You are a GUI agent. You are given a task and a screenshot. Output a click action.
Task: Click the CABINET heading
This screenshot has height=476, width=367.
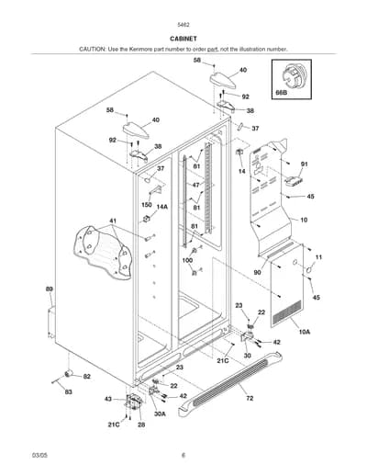tap(183, 39)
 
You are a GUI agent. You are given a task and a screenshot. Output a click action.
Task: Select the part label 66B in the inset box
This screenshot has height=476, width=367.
tap(282, 92)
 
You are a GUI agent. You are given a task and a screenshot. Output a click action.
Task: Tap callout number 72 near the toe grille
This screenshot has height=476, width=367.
tap(250, 398)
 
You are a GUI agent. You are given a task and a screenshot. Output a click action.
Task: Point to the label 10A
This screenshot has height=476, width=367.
tap(305, 332)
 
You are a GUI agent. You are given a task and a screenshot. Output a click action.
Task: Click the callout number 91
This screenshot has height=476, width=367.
tap(304, 164)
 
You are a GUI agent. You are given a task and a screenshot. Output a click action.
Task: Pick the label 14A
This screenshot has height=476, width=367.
tap(162, 207)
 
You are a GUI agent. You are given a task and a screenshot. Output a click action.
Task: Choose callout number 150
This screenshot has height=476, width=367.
tap(147, 204)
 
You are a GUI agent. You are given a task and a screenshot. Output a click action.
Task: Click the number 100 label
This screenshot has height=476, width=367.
tap(187, 260)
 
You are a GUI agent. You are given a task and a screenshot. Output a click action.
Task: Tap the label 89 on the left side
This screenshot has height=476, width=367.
tap(50, 289)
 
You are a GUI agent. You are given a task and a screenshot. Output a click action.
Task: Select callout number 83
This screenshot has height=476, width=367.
tap(69, 391)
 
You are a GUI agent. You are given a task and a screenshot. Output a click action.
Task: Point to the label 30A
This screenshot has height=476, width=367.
tap(160, 414)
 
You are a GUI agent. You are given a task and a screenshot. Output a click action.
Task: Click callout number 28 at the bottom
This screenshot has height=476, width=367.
tap(141, 425)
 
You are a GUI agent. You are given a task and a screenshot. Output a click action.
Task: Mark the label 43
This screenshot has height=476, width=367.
tap(108, 399)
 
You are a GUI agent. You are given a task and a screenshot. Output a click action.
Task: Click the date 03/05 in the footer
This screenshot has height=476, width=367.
tap(39, 455)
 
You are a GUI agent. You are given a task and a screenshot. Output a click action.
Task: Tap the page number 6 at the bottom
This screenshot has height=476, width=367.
tap(183, 455)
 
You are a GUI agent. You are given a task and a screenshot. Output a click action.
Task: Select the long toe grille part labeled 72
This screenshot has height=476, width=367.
tap(230, 384)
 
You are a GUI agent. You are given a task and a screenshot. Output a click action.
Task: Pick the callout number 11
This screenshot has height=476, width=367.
tap(318, 257)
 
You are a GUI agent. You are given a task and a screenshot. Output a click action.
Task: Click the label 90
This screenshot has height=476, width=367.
tap(258, 272)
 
